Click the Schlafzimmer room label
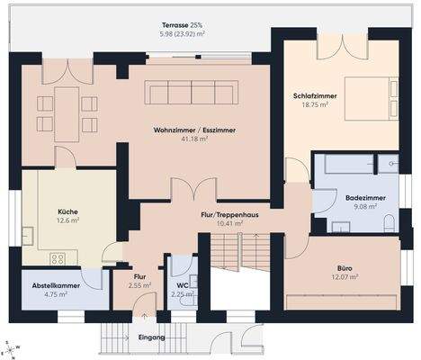[x=315, y=95]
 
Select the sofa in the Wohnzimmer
[x=193, y=92]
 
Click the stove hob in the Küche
[x=58, y=258]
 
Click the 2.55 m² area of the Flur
[x=139, y=286]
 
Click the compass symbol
[x=9, y=350]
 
